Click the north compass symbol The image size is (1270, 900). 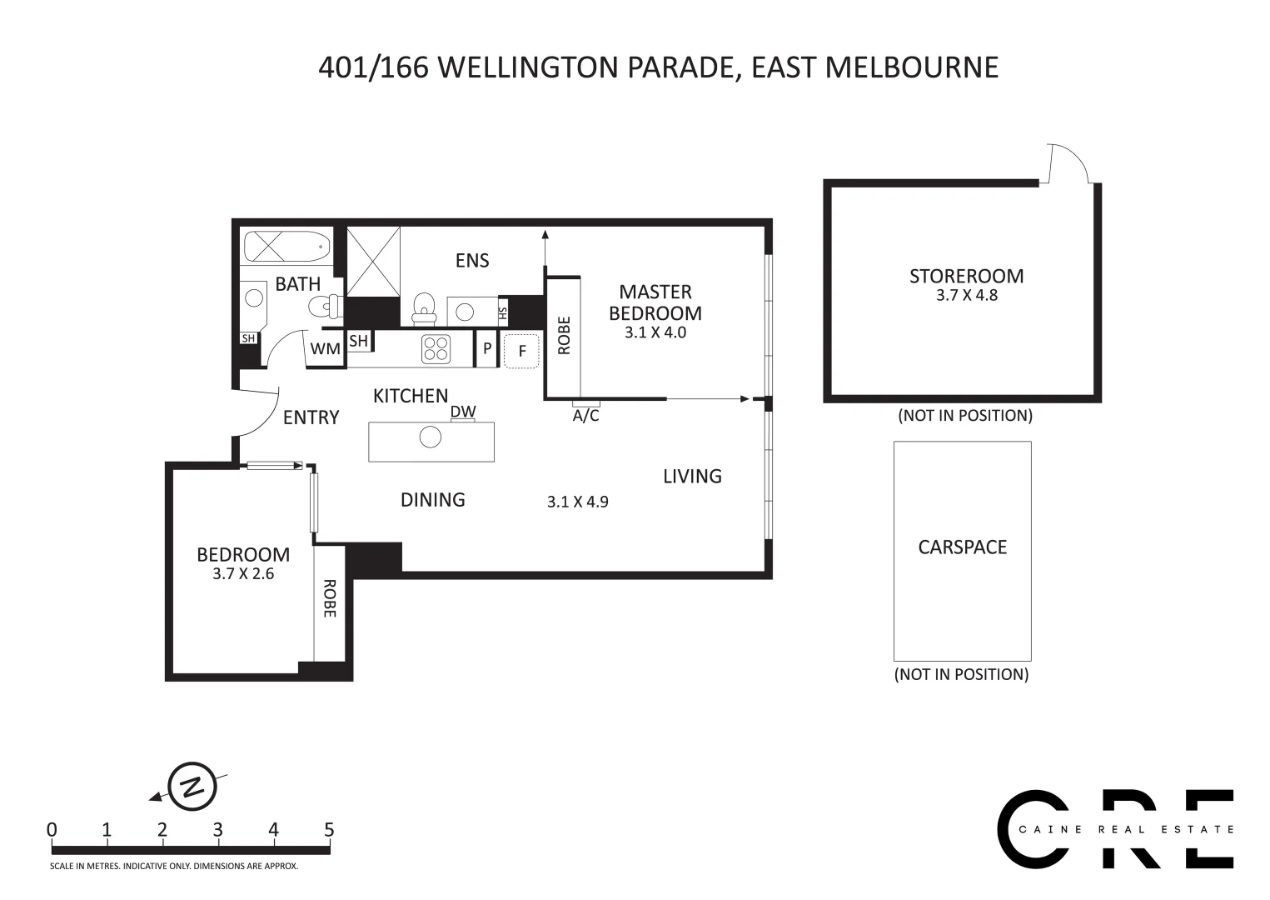pos(192,786)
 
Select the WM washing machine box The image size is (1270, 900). pos(325,349)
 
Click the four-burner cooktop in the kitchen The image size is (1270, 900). pos(436,348)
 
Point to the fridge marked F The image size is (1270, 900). pos(522,351)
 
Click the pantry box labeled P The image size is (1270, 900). pos(487,348)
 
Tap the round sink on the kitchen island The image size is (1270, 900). pos(430,437)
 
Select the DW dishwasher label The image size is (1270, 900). pos(463,412)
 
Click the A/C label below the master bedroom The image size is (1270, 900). pos(585,415)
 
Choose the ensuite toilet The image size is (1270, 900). pos(425,307)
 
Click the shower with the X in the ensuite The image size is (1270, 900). pos(373,261)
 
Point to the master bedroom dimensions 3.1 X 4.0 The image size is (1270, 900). pos(655,332)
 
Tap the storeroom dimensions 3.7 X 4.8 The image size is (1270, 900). pos(966,295)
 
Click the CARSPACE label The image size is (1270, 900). pos(962,547)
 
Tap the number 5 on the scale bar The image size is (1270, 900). pos(329,830)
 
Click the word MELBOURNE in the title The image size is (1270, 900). pos(911,67)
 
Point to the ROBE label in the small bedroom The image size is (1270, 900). pos(328,598)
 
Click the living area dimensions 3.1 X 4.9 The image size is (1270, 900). pos(577,502)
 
